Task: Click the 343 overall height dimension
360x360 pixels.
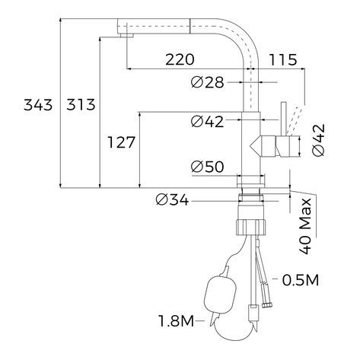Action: (x=38, y=105)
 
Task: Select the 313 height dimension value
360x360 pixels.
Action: (x=81, y=105)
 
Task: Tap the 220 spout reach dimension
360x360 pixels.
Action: (x=180, y=60)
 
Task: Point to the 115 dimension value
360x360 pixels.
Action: (x=283, y=60)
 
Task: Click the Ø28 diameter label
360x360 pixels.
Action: (x=208, y=82)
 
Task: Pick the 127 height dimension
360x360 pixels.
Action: (x=122, y=142)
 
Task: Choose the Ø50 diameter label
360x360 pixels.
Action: (x=208, y=167)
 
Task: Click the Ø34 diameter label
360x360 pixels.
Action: (x=172, y=199)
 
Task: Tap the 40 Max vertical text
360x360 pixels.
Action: (x=305, y=226)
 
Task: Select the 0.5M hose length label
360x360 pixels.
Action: (x=301, y=280)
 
